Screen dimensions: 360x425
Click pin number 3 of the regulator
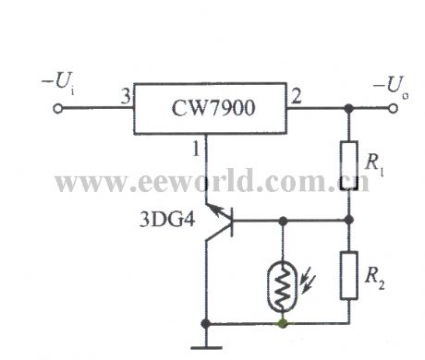point(121,95)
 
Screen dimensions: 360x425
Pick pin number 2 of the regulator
point(297,95)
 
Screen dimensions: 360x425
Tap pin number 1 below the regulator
point(196,147)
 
